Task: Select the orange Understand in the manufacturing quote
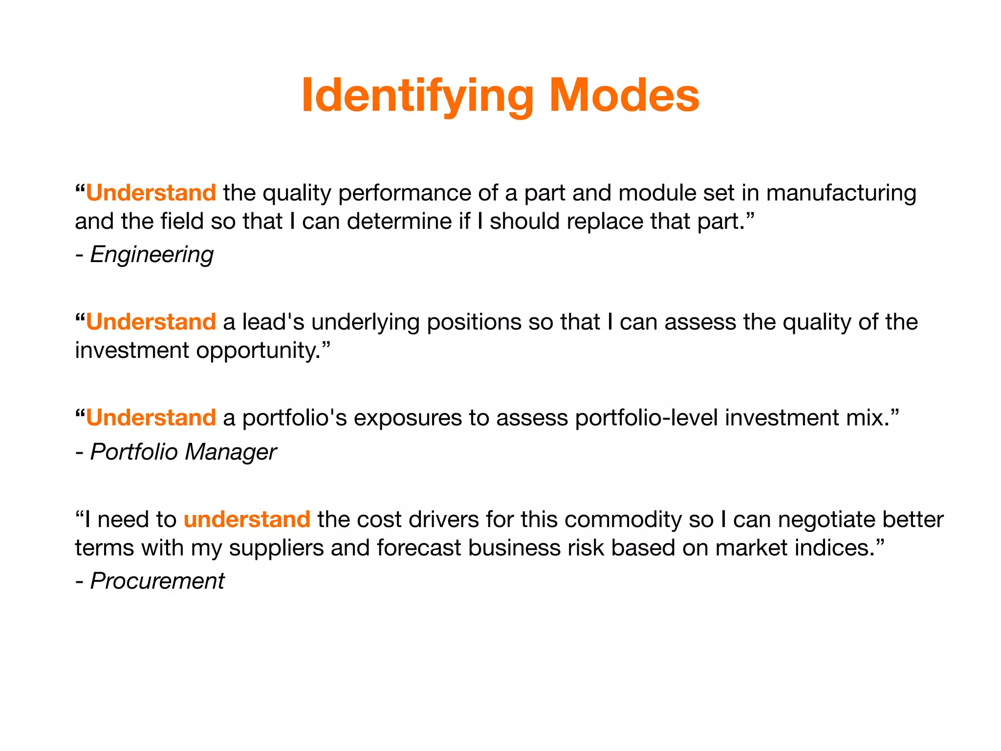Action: point(151,193)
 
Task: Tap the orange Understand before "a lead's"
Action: point(151,322)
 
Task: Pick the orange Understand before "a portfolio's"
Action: point(151,418)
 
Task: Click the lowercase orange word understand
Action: point(247,519)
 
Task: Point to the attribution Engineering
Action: point(152,255)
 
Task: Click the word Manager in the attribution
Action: point(231,452)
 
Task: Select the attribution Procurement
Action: point(157,581)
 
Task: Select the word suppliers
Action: point(276,548)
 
